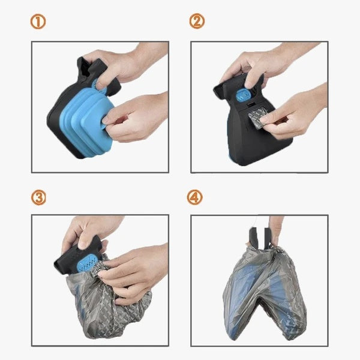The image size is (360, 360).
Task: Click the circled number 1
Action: [38, 22]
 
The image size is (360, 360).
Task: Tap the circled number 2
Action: [197, 21]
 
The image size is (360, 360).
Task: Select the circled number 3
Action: [38, 197]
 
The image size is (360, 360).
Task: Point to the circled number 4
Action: [194, 197]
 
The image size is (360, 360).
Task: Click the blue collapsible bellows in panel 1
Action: [86, 122]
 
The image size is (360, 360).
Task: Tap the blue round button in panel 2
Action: [242, 95]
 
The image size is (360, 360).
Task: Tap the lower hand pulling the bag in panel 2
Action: [296, 115]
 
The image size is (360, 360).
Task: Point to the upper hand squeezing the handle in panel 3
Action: [89, 232]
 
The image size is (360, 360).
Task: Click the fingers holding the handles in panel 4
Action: [275, 232]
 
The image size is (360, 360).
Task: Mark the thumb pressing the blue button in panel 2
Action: [252, 78]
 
